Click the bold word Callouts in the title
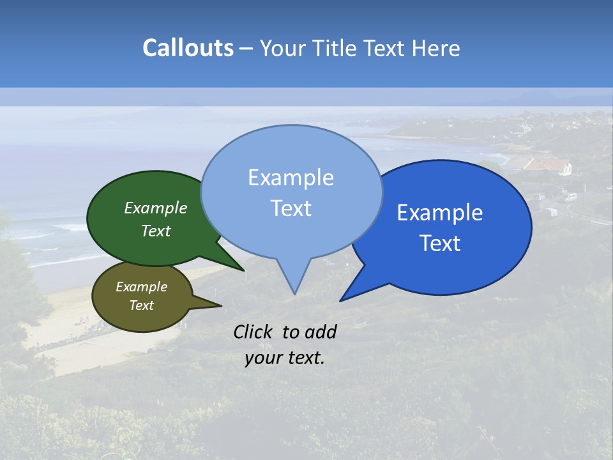tap(188, 48)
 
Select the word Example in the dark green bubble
tap(156, 208)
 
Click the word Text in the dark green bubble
tap(156, 231)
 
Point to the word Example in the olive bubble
tap(141, 287)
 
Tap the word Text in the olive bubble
tap(141, 305)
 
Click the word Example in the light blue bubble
tap(291, 178)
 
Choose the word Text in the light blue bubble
tap(291, 208)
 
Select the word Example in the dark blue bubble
tap(440, 213)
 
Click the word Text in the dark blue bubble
tap(440, 243)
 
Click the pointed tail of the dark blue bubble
tap(345, 298)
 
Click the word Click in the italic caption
tap(253, 332)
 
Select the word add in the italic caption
tap(321, 332)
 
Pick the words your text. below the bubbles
tap(285, 358)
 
